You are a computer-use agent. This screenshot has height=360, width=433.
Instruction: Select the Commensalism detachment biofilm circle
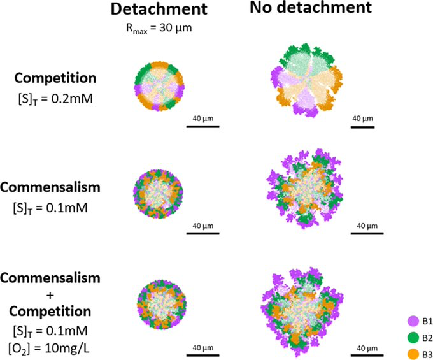click(158, 191)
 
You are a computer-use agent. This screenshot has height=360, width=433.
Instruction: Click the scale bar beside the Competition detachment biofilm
click(202, 126)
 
